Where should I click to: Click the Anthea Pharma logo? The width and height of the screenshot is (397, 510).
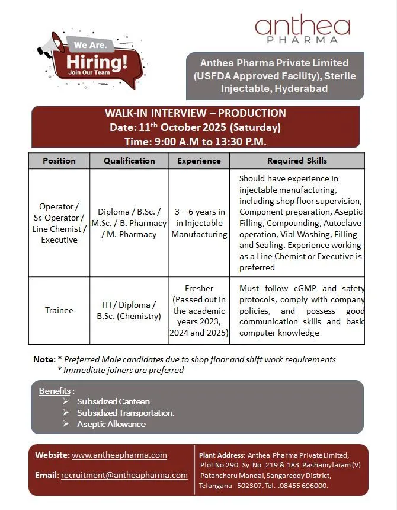[x=302, y=28]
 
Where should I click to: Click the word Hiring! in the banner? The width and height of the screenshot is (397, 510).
[x=97, y=61]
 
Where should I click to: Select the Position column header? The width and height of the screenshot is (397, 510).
[x=59, y=161]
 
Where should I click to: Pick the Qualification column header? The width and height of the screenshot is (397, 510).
[x=129, y=161]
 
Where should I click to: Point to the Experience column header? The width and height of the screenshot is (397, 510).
[x=199, y=161]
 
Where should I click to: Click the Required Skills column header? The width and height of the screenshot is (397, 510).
[x=297, y=161]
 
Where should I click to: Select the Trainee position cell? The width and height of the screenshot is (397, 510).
[x=59, y=310]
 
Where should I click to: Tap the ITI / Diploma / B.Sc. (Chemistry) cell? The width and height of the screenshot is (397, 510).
[x=129, y=310]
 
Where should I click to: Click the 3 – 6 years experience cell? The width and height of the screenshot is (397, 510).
[x=199, y=223]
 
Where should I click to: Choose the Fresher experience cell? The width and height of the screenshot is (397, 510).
[x=199, y=311]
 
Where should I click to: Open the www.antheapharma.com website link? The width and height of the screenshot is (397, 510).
[x=119, y=455]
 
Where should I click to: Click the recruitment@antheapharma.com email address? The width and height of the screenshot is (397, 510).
[x=124, y=475]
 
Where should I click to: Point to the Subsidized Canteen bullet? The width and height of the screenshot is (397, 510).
[x=113, y=401]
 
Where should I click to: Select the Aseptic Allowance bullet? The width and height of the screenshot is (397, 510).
[x=111, y=424]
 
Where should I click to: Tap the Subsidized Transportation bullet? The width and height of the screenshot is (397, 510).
[x=126, y=413]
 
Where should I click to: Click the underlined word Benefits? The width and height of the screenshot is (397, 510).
[x=55, y=391]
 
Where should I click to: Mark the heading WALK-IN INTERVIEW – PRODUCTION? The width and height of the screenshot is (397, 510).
[x=196, y=113]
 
